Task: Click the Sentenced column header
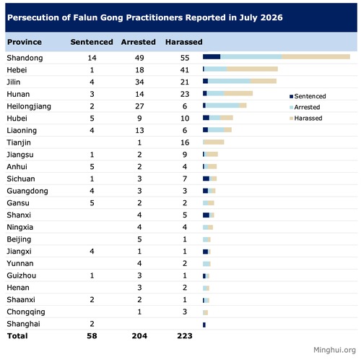[x=92, y=42]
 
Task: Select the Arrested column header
[x=139, y=42]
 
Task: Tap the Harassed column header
[x=184, y=42]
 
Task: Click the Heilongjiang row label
[x=29, y=106]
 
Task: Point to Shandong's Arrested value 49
[x=139, y=58]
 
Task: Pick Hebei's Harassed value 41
[x=185, y=70]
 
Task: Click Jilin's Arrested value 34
[x=139, y=82]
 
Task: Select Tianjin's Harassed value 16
[x=185, y=142]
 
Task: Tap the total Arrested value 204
[x=139, y=335]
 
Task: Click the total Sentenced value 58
[x=92, y=335]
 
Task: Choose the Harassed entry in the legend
[x=306, y=118]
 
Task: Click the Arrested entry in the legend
[x=305, y=107]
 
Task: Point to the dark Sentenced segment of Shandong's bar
[x=212, y=56]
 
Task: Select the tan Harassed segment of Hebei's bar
[x=252, y=69]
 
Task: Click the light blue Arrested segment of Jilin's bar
[x=229, y=81]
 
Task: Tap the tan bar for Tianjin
[x=214, y=142]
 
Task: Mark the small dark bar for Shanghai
[x=204, y=325]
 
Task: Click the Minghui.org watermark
[x=334, y=350]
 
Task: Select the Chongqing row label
[x=26, y=312]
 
